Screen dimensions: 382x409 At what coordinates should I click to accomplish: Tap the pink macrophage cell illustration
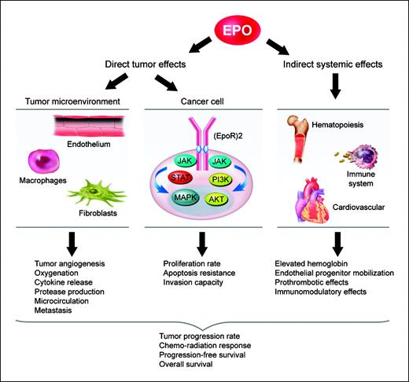coord(50,157)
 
